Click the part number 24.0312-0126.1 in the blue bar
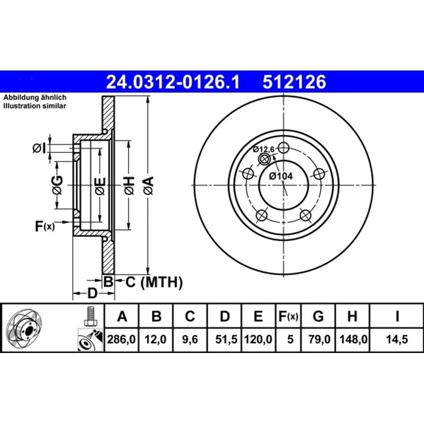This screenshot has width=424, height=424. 173,82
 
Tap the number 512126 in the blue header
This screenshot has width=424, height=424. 294,82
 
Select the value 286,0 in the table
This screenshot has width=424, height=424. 121,339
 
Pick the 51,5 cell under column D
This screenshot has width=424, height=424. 226,339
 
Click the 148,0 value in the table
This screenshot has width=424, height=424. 354,339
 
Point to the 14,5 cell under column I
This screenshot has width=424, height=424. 396,339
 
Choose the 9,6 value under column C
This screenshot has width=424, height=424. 190,339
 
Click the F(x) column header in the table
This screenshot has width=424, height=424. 288,316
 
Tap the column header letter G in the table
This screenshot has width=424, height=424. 318,316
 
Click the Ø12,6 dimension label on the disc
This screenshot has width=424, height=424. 263,149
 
